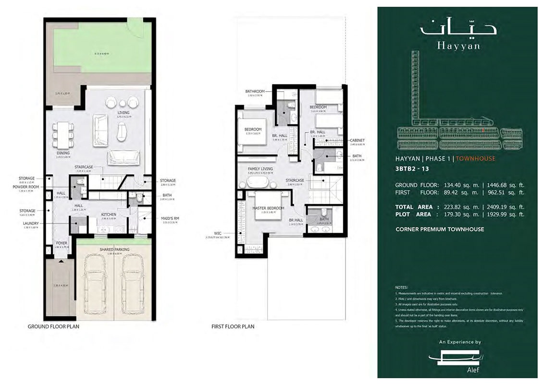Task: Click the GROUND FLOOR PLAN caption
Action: tap(53, 326)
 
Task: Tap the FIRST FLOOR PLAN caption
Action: tap(233, 326)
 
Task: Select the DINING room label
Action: tap(63, 153)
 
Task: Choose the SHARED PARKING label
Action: tap(113, 250)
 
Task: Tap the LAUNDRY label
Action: tap(29, 223)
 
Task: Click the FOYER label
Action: tap(61, 243)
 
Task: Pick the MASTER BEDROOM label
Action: tap(268, 208)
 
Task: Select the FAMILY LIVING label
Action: tap(260, 169)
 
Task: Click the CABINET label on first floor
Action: tap(357, 140)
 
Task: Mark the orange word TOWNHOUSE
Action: tap(475, 158)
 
